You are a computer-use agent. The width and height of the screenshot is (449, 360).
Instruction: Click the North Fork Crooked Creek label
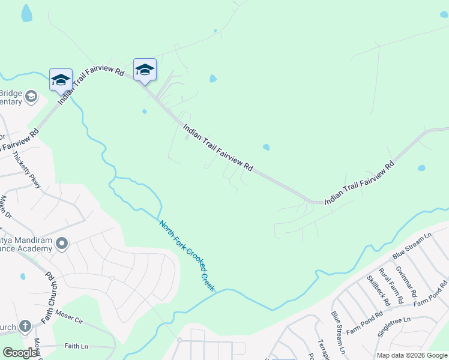pos(187,256)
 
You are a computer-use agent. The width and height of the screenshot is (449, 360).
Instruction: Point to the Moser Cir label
pos(68,314)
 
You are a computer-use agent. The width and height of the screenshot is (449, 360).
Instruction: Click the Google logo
pos(20,353)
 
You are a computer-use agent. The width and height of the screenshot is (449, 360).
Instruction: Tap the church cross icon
pos(25,326)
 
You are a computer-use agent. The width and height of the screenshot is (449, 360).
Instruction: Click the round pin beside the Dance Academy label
pos(61,244)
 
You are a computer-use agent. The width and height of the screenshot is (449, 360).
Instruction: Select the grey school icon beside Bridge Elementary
pos(32,97)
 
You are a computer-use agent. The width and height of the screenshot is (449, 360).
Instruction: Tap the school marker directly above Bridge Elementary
pos(61,80)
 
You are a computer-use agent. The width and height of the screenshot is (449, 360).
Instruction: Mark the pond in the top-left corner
pos(26,13)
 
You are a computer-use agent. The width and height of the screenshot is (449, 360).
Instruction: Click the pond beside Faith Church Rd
pos(22,277)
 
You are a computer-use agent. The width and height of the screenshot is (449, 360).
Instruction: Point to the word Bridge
pos(10,92)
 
